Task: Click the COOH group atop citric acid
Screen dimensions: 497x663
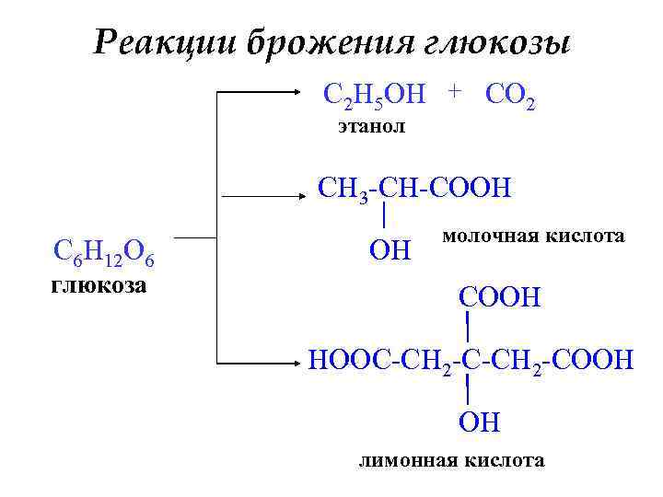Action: point(500,298)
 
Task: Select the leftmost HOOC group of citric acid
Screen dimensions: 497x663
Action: point(348,357)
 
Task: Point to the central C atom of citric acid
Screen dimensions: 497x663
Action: point(469,357)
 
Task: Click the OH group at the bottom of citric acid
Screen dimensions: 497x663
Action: point(479,422)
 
